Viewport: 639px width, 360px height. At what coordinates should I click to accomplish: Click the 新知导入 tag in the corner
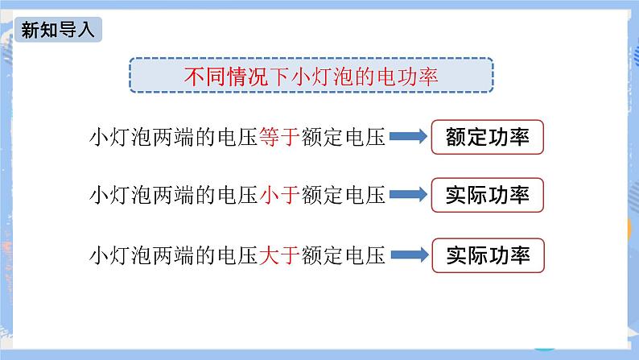point(59,31)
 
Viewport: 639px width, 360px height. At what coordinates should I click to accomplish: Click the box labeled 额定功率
point(488,137)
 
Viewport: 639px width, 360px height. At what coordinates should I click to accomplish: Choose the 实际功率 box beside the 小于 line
point(488,196)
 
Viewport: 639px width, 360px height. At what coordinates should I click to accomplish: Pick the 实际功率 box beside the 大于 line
point(488,255)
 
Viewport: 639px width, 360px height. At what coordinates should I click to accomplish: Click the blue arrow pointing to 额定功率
point(409,138)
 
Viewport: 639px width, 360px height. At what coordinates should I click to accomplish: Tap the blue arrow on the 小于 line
point(409,197)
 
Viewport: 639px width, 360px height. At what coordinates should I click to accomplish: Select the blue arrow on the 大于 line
point(409,256)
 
